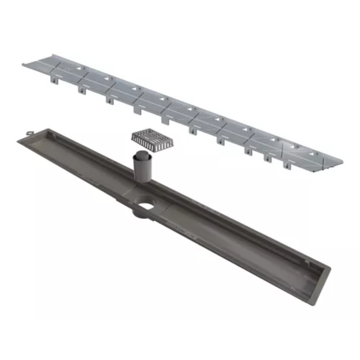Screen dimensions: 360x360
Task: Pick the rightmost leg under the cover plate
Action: coord(287,165)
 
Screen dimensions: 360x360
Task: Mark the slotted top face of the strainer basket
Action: coord(145,136)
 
